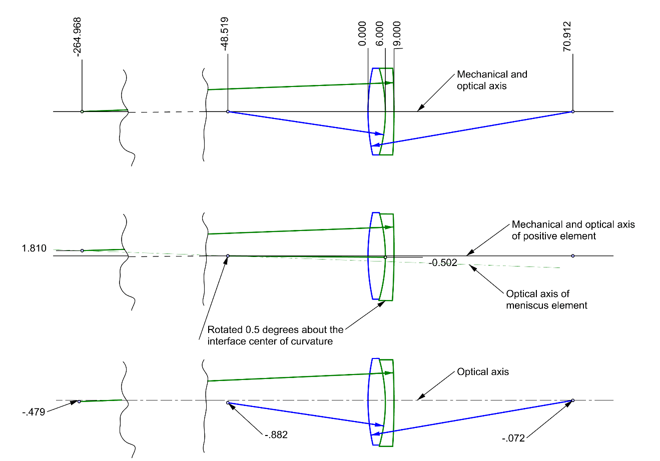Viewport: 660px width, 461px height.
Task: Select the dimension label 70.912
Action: coord(567,36)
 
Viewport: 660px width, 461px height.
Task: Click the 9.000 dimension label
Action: coord(396,34)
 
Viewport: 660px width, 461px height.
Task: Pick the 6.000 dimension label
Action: coord(380,34)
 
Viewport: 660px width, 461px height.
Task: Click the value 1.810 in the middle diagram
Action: coord(34,248)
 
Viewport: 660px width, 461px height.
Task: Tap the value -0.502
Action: coord(443,263)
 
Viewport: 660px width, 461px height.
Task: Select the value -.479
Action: coord(34,412)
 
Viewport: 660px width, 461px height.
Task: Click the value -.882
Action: coord(276,434)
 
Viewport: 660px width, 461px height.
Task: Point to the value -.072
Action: coord(513,438)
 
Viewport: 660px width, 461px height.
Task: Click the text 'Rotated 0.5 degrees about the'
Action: coord(275,330)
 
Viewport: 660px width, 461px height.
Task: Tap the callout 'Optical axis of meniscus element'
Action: coord(546,299)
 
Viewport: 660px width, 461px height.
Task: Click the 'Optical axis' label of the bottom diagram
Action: coord(483,372)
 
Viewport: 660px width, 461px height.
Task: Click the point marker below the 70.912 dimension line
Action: coord(573,111)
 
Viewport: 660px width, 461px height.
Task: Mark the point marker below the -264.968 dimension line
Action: coord(82,111)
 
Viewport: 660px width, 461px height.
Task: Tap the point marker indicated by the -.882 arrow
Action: coord(228,402)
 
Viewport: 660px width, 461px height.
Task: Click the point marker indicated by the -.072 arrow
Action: coord(573,400)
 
